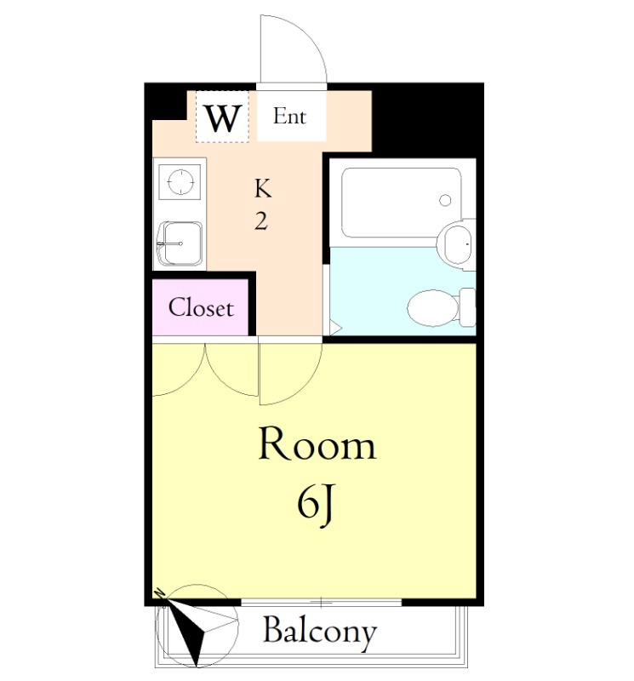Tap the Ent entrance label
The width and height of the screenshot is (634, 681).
pos(289,116)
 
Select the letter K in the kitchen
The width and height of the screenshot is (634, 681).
pos(263,188)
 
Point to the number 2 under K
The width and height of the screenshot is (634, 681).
pos(261,221)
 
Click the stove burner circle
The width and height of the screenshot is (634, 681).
pos(180,181)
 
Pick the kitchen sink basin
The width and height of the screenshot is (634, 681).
pos(180,243)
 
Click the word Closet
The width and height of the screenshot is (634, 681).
pos(201,307)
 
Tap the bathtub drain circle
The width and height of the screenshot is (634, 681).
pos(445,200)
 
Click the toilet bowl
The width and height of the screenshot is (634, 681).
pos(433,308)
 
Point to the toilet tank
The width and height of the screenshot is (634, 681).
pos(467,307)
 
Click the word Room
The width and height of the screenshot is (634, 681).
pos(317,444)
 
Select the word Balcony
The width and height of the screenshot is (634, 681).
pos(320,632)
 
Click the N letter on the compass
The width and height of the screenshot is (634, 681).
pos(160,592)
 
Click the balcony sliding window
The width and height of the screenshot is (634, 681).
pos(322,603)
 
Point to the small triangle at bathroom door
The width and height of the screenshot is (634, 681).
pos(335,328)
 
